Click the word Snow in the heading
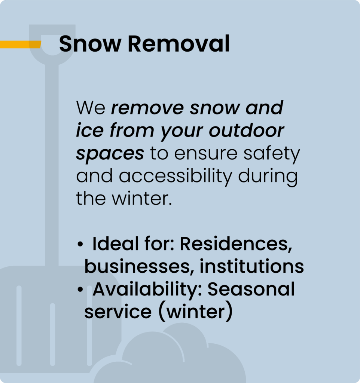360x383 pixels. coord(90,44)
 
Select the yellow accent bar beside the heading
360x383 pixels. coord(21,45)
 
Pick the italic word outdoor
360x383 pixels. coord(246,130)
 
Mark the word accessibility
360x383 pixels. coord(176,176)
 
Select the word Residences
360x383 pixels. coord(236,244)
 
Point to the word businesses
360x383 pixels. coord(137,266)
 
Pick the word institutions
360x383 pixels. coord(252,266)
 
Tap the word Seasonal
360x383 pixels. coord(251,289)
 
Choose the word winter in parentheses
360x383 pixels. coord(195,312)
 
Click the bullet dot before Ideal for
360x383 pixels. coord(80,244)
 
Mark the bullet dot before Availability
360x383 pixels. coord(80,289)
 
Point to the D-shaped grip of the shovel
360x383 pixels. coord(52,44)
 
